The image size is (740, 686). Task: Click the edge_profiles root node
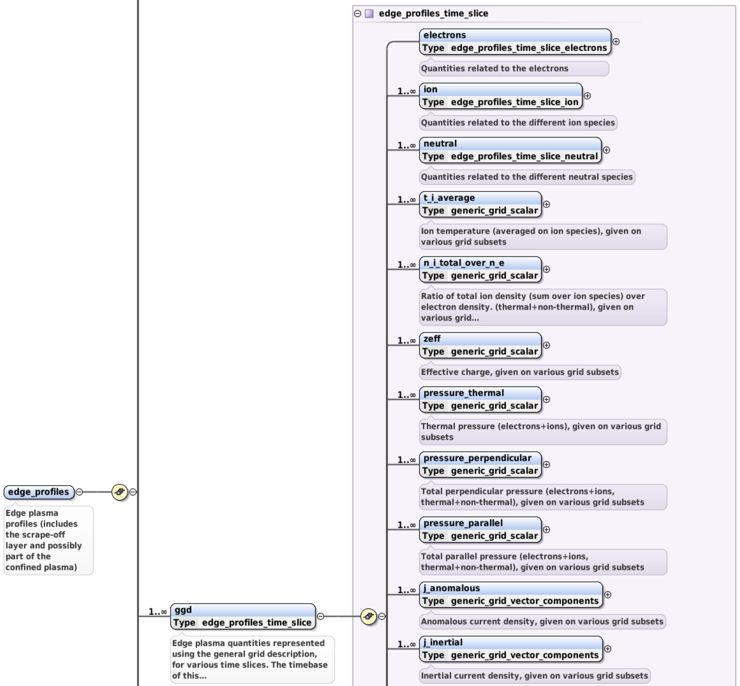(x=39, y=492)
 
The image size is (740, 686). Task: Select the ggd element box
(x=243, y=616)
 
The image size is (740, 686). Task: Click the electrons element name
(x=444, y=35)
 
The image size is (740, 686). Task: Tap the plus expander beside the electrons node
(x=616, y=42)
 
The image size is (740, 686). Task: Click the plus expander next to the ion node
(x=587, y=96)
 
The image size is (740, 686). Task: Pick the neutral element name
(x=440, y=144)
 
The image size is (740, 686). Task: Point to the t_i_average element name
(x=449, y=198)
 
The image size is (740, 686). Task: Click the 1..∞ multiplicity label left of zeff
(x=406, y=341)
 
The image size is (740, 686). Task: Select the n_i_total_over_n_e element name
(x=464, y=263)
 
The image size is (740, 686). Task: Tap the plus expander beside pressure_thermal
(x=546, y=399)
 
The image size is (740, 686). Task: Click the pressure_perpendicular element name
(x=477, y=458)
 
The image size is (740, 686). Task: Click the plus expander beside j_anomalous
(x=607, y=595)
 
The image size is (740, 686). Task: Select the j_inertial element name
(x=443, y=642)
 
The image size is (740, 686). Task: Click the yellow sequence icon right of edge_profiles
(x=119, y=492)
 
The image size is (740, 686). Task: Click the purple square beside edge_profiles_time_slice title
(x=369, y=14)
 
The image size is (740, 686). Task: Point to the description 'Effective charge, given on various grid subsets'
(x=519, y=372)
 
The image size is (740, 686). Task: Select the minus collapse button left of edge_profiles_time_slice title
(x=357, y=14)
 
